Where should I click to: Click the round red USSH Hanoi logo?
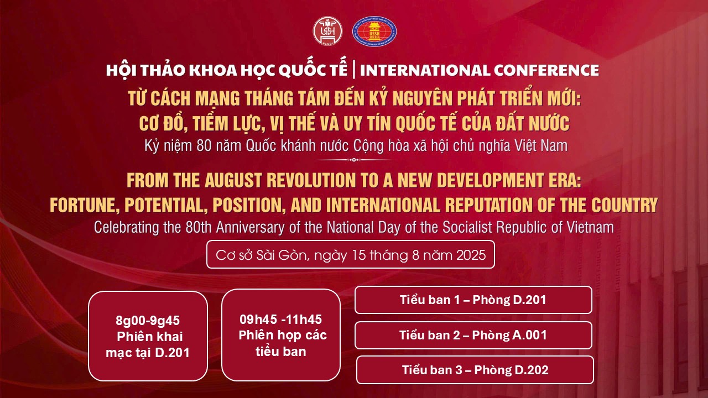click(328, 31)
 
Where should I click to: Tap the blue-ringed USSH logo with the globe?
click(374, 32)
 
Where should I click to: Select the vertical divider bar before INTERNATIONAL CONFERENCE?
click(353, 70)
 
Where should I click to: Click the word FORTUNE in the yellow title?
click(85, 205)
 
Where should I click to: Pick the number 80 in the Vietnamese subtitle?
click(204, 146)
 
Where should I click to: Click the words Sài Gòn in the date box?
click(282, 255)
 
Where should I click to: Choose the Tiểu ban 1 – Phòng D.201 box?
click(473, 300)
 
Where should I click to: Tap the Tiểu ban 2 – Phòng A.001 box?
click(473, 335)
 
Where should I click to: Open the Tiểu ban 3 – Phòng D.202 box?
click(475, 370)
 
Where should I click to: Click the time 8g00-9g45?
click(148, 321)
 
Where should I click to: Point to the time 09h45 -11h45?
click(280, 320)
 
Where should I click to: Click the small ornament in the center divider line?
click(354, 160)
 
